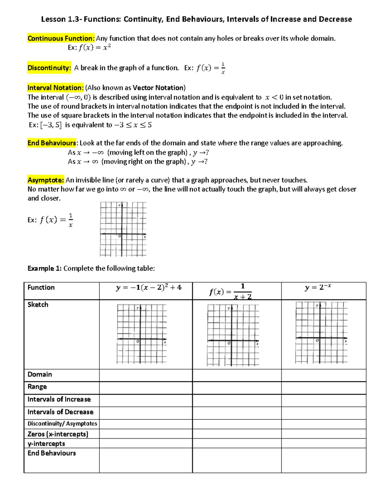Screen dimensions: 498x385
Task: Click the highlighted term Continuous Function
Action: [61, 38]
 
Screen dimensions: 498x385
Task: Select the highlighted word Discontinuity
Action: [49, 68]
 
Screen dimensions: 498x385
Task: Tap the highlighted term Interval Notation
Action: [56, 88]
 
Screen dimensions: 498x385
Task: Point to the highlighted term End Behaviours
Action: [52, 143]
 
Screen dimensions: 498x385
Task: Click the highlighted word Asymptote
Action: [46, 180]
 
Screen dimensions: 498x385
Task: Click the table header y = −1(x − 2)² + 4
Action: [149, 288]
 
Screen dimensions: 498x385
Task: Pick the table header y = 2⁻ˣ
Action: [318, 287]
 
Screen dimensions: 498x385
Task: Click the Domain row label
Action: [40, 375]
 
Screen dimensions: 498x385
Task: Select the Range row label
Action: [37, 387]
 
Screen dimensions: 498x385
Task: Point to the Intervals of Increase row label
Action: [59, 400]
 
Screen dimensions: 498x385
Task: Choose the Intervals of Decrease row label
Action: [60, 412]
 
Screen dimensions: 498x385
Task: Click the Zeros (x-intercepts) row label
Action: [58, 434]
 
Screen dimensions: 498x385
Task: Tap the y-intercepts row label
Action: [46, 444]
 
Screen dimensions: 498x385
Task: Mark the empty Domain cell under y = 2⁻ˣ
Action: [323, 375]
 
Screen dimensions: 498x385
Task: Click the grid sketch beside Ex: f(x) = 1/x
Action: [123, 229]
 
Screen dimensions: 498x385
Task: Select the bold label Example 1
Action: [44, 268]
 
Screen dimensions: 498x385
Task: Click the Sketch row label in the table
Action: [38, 305]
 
